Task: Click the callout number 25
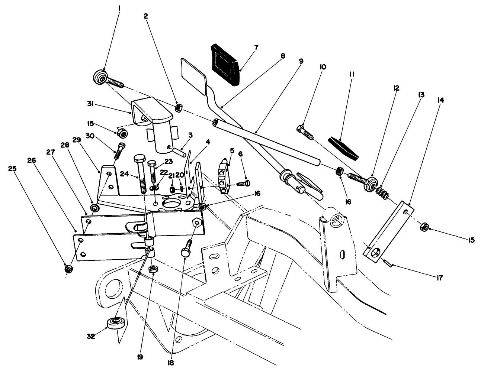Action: click(x=13, y=169)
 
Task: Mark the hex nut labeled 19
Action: click(x=152, y=269)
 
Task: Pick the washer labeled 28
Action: click(x=95, y=207)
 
